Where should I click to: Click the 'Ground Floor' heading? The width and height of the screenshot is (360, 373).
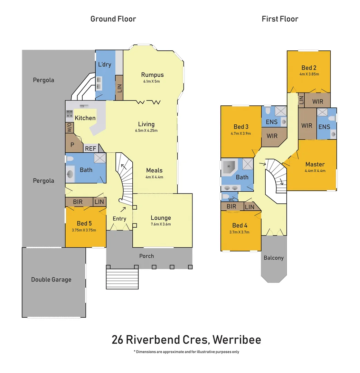tap(113, 19)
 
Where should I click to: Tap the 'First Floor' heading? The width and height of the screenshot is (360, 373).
tap(280, 19)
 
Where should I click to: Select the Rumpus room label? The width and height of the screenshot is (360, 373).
tap(152, 75)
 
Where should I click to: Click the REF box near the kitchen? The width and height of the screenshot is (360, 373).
tap(91, 149)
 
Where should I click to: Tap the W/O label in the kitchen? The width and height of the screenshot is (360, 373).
tap(69, 127)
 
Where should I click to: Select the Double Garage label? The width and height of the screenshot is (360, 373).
tap(51, 279)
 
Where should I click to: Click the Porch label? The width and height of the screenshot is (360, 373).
tap(146, 256)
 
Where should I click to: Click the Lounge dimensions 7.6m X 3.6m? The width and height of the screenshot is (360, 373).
tap(161, 224)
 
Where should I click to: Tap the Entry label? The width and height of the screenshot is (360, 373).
tap(120, 219)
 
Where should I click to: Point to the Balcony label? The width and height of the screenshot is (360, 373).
tap(273, 258)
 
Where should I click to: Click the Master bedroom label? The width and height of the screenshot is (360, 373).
tap(315, 164)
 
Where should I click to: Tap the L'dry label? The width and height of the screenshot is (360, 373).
tap(105, 64)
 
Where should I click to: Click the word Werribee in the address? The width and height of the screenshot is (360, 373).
tap(237, 340)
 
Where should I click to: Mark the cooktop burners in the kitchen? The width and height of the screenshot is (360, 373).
tap(69, 114)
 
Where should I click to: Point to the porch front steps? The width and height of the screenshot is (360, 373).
tap(122, 279)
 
